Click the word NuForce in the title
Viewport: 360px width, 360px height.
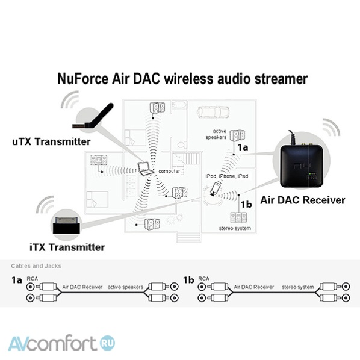click(82, 79)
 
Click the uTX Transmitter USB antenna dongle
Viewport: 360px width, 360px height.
click(93, 116)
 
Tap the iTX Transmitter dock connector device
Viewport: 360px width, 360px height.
click(67, 225)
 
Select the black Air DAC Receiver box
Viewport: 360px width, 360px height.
click(302, 167)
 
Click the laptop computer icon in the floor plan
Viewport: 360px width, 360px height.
click(146, 169)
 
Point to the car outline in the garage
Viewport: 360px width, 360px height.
click(213, 112)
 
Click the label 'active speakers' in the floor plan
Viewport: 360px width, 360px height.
click(216, 134)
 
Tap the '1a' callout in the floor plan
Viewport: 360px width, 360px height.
click(243, 147)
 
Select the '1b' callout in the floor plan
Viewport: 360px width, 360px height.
click(246, 204)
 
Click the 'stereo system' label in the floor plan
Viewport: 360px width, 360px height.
click(235, 228)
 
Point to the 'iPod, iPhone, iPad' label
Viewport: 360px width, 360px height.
click(227, 176)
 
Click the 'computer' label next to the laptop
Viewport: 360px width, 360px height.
click(169, 172)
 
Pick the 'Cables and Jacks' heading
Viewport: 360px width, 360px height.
click(36, 266)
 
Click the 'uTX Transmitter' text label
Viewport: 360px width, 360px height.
click(51, 141)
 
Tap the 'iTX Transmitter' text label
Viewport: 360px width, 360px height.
click(67, 247)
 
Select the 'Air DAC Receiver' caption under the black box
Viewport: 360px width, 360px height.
click(303, 200)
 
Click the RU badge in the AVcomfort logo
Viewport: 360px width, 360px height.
click(107, 343)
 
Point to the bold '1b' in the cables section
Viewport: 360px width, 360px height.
click(188, 280)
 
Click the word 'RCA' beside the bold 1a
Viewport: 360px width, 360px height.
click(32, 279)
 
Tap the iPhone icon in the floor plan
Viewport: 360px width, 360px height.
click(216, 189)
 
